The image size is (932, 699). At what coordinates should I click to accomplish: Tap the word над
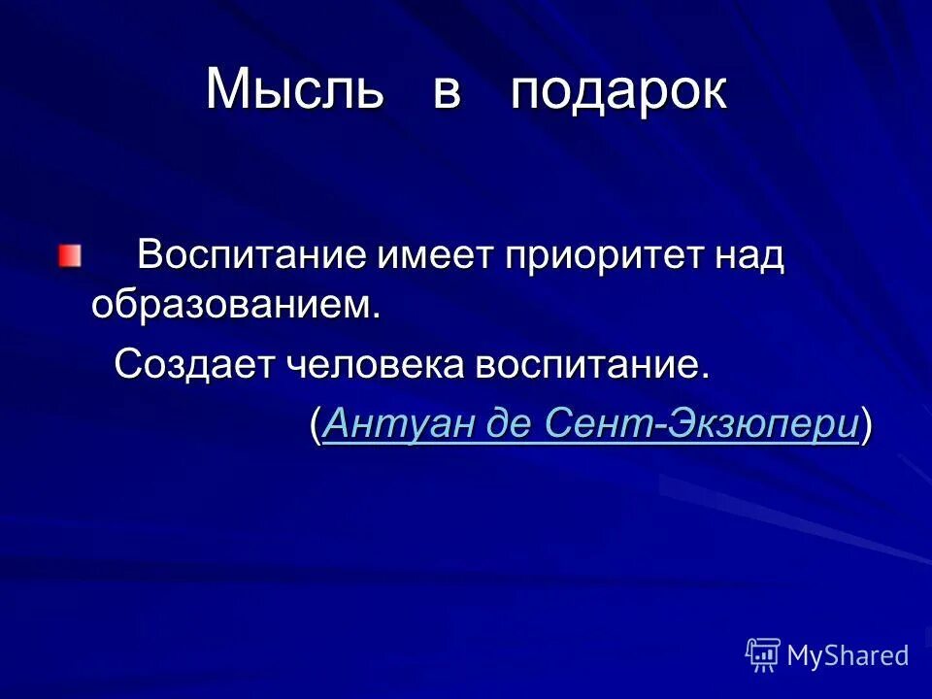coord(748,257)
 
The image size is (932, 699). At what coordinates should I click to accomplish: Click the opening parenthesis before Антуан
coord(316,426)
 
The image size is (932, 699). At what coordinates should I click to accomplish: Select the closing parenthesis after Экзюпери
coord(866,426)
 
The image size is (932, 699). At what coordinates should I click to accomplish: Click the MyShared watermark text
coord(848,655)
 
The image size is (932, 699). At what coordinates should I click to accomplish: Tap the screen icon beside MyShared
coord(763,655)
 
